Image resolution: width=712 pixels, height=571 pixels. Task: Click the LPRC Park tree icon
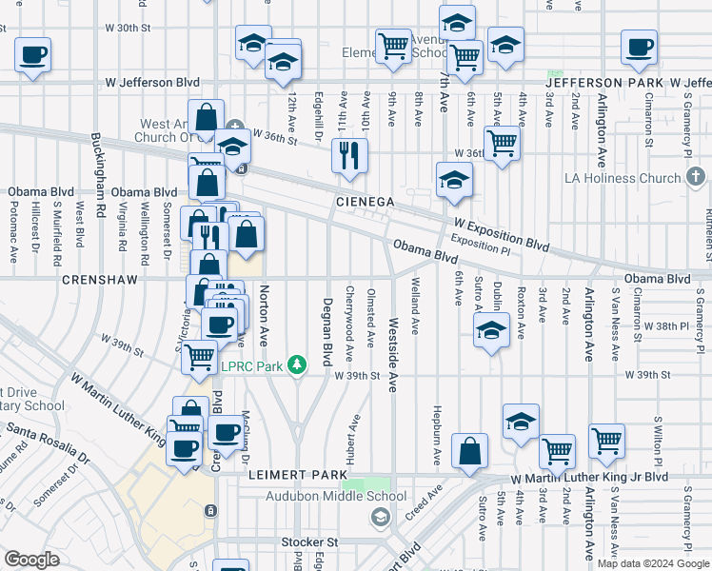[297, 363]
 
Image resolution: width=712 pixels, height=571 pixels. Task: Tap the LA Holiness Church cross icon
[696, 177]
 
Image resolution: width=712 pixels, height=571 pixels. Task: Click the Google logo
[31, 560]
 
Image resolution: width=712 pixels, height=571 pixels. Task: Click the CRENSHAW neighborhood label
[100, 280]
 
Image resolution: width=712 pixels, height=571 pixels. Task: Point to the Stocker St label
[309, 541]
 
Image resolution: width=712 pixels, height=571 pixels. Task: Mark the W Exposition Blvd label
[502, 233]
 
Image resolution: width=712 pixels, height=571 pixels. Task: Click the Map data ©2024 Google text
[652, 563]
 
